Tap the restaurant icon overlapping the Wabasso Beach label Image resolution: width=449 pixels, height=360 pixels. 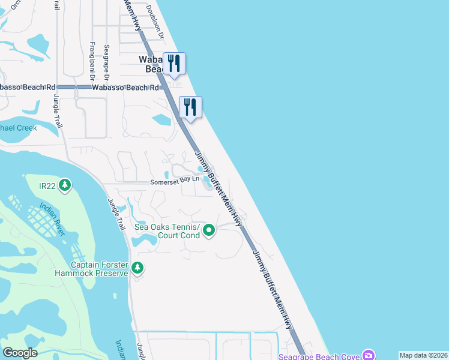point(174,63)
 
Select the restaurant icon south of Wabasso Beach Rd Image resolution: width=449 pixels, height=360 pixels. point(190,107)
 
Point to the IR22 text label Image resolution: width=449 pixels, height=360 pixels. point(47,187)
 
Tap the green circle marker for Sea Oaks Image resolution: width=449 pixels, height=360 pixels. point(209,230)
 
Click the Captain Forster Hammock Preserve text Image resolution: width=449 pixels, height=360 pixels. point(100,269)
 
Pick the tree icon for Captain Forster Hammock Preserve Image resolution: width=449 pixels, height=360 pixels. point(138,268)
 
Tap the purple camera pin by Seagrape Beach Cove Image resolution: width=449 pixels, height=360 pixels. point(369,355)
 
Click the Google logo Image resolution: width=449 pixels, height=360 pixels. point(20,353)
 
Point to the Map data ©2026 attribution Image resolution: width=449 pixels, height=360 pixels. point(423,355)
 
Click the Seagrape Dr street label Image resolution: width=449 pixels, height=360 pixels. point(106,62)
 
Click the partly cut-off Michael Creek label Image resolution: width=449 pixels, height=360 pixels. point(19,128)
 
